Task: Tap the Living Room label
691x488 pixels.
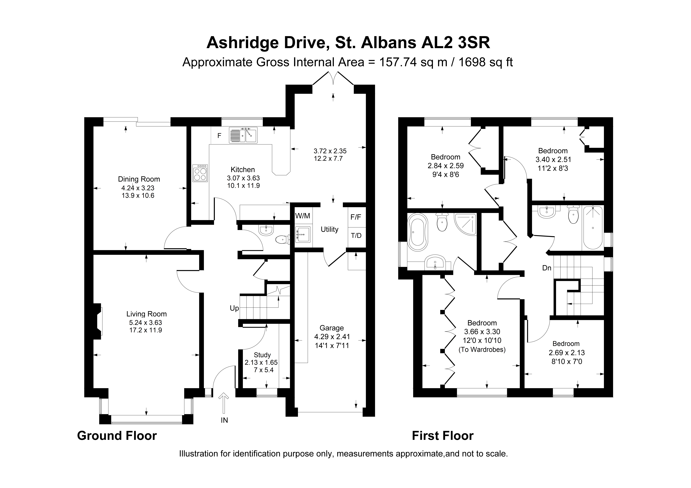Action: click(147, 314)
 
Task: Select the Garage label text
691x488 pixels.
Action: click(332, 328)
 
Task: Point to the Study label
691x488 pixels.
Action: click(262, 355)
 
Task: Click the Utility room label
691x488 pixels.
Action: click(330, 230)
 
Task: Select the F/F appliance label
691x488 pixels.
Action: click(356, 217)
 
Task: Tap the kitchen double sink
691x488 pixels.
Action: click(243, 135)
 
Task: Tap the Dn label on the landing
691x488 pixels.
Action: click(547, 268)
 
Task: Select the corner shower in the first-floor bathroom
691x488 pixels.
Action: click(465, 224)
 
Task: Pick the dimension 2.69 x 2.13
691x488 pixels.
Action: click(566, 353)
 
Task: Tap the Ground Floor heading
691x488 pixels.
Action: click(117, 436)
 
